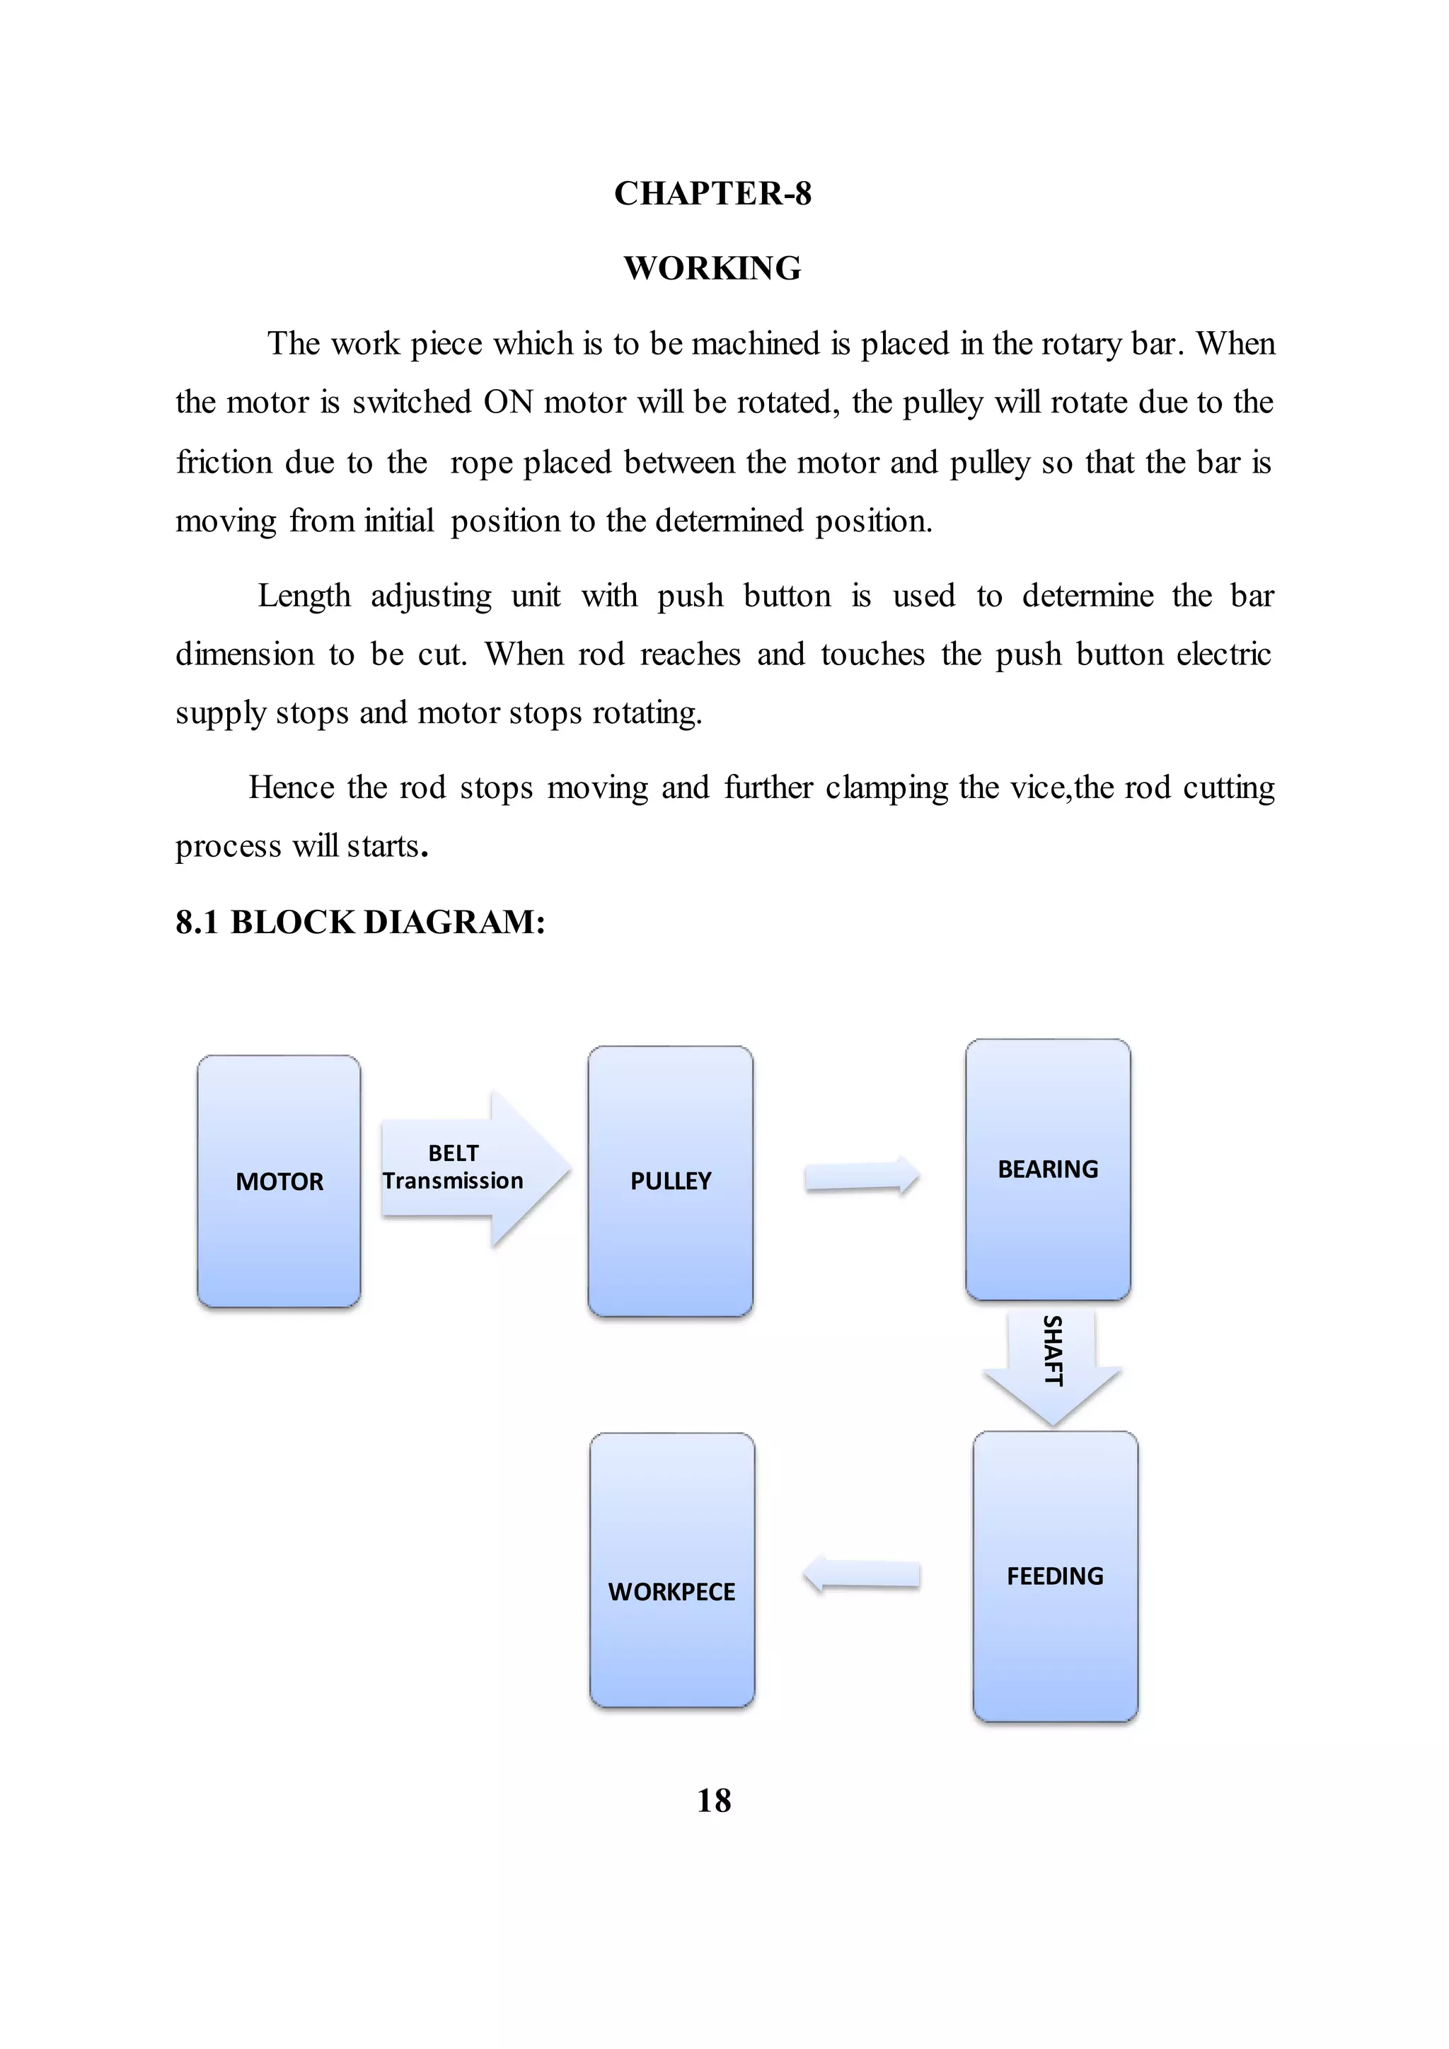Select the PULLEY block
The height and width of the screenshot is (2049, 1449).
[x=670, y=1181]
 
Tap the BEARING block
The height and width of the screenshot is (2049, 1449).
[x=1048, y=1169]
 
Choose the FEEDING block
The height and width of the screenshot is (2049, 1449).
[x=1055, y=1576]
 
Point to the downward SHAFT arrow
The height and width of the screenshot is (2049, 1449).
[x=1052, y=1366]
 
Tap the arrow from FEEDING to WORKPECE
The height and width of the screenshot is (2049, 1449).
[x=861, y=1574]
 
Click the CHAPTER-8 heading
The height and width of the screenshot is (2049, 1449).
[x=713, y=194]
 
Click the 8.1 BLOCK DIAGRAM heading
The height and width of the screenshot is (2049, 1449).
[x=360, y=922]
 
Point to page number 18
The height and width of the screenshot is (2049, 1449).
[x=714, y=1800]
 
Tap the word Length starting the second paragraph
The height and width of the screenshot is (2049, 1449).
[x=304, y=595]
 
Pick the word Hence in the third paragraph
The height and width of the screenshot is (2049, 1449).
[x=291, y=787]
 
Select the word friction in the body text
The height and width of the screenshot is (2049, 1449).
[x=224, y=462]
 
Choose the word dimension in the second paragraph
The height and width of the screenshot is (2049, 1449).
[x=245, y=654]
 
